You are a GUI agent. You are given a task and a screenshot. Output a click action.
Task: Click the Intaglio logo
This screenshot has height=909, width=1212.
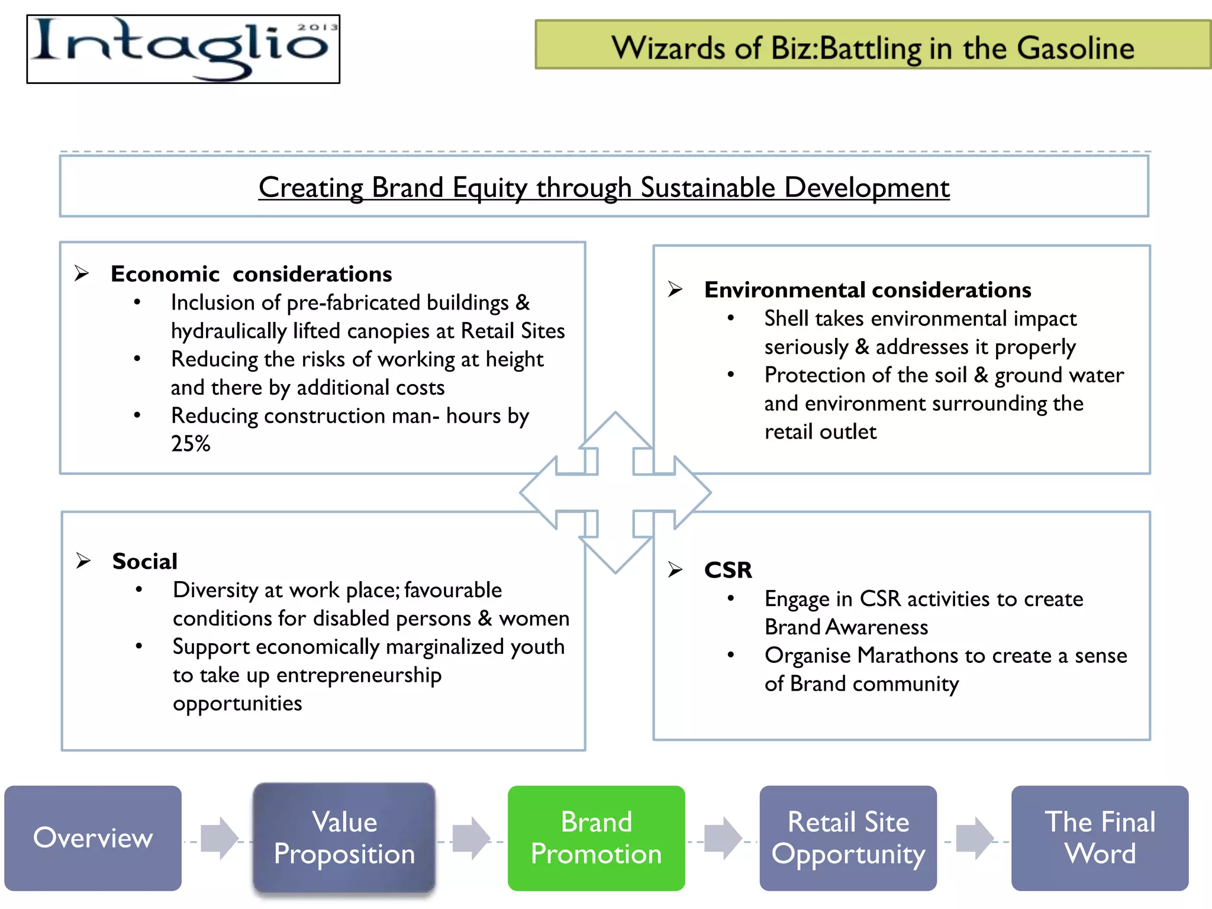coord(183,49)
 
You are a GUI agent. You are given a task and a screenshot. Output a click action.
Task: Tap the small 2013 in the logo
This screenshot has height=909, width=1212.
coord(317,27)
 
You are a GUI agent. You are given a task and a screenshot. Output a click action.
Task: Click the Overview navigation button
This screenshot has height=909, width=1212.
coord(93,838)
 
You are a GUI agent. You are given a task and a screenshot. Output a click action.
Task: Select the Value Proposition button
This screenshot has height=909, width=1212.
coord(344,838)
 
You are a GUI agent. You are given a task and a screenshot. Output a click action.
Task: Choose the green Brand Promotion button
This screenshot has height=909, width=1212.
coord(596,838)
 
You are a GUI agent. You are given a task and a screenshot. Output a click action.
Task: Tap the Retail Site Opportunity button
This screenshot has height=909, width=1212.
coord(848,838)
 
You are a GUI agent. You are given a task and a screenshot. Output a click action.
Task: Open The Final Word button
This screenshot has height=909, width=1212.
coord(1100,838)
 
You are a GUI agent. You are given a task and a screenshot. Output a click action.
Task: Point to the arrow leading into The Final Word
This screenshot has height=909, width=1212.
coord(974,838)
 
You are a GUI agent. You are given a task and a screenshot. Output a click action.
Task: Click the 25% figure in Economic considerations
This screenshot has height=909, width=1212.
coord(191,444)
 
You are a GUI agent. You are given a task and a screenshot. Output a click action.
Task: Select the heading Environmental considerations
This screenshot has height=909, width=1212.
coord(868,290)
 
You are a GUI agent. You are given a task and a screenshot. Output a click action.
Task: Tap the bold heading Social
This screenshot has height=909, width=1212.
coord(145,561)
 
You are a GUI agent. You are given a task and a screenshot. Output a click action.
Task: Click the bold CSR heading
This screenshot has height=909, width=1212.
coord(728,570)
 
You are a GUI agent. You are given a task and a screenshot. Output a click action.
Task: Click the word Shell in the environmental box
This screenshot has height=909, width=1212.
coord(785,319)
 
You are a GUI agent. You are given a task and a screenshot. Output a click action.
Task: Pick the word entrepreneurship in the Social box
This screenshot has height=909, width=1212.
coord(359,676)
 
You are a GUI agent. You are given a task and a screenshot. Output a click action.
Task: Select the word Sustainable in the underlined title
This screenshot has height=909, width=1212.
coord(707,188)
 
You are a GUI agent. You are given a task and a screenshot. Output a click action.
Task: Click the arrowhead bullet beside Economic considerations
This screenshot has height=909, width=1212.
coord(82,273)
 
